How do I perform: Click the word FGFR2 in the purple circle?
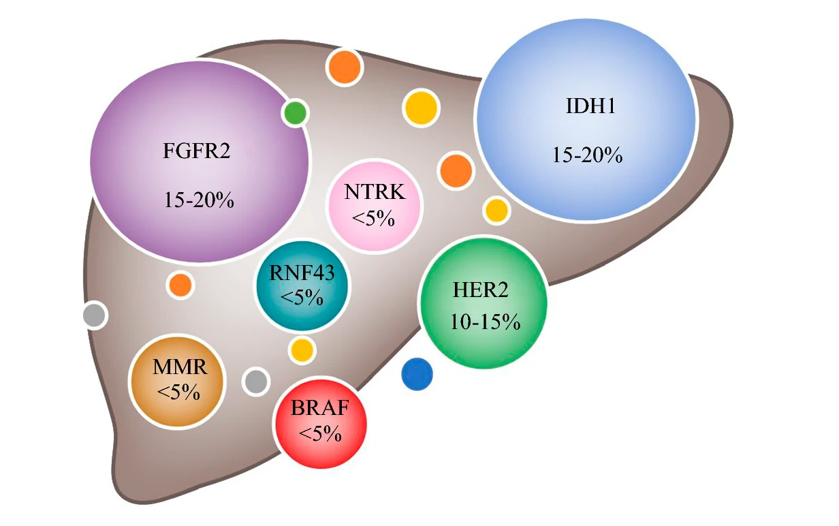point(197,150)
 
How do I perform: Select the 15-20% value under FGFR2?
point(199,200)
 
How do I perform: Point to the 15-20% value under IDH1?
point(587,155)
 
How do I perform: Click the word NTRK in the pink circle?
point(375,191)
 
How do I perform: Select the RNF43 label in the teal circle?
point(301,273)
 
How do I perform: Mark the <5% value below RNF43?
point(301,298)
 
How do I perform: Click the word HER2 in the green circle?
point(481,290)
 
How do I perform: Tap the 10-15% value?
point(485,322)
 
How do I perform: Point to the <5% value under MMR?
point(178,393)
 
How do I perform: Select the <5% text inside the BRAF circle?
point(320,434)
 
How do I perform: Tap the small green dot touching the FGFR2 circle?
point(295,112)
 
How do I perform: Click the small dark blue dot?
point(417,374)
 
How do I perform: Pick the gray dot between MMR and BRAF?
point(256,381)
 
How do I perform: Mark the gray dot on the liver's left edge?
point(95,315)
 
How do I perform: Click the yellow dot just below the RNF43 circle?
point(302,350)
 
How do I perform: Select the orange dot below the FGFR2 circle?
point(180,284)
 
